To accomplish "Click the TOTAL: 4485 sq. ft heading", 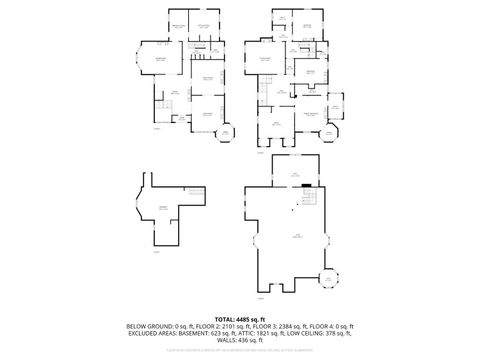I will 240,318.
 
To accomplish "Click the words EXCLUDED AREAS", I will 149,333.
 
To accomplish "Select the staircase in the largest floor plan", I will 309,200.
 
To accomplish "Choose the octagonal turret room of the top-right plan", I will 327,131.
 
